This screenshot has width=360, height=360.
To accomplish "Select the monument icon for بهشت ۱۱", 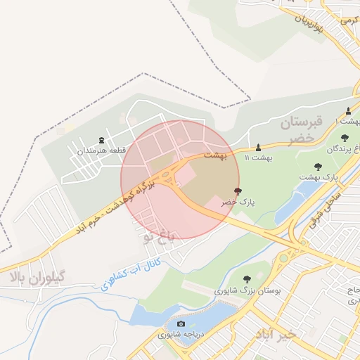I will (258, 147).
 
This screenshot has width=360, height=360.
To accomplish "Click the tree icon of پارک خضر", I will (237, 191).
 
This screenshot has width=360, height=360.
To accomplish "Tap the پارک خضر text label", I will (237, 202).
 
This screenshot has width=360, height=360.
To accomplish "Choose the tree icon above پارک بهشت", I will (319, 167).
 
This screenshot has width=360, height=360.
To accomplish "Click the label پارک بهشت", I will (319, 177).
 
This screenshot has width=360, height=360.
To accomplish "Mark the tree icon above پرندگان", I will (344, 139).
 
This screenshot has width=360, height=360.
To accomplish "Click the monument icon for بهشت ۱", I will (348, 111).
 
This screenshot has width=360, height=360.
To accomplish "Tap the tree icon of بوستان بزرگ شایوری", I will (246, 279).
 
